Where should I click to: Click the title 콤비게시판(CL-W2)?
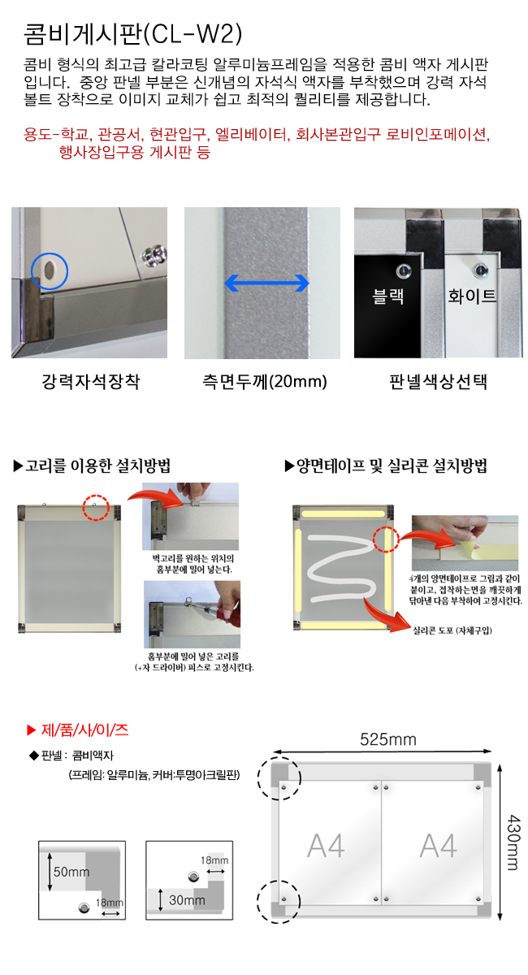pyautogui.click(x=132, y=34)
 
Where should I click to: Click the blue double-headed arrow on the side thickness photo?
pyautogui.click(x=266, y=284)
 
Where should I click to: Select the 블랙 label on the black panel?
pyautogui.click(x=387, y=296)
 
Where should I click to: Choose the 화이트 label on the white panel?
pyautogui.click(x=472, y=296)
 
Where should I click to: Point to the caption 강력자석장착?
pyautogui.click(x=90, y=382)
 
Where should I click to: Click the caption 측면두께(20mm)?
pyautogui.click(x=265, y=382)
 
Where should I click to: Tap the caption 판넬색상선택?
pyautogui.click(x=438, y=382)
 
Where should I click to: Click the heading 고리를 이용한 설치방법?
pyautogui.click(x=92, y=466)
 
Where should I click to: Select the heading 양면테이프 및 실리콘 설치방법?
pyautogui.click(x=386, y=466)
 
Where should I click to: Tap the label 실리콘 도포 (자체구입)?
pyautogui.click(x=452, y=630)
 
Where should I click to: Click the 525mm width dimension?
pyautogui.click(x=387, y=739)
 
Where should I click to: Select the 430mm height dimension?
pyautogui.click(x=513, y=843)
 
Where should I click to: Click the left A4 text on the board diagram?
pyautogui.click(x=326, y=846)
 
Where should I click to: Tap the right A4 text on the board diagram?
pyautogui.click(x=438, y=846)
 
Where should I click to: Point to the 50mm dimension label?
pyautogui.click(x=71, y=871)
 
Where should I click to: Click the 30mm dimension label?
pyautogui.click(x=187, y=899)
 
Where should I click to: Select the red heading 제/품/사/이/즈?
pyautogui.click(x=77, y=730)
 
